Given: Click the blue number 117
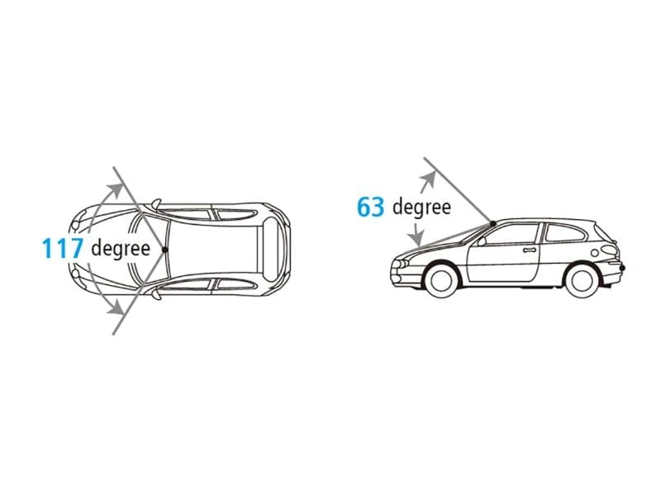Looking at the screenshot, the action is pyautogui.click(x=63, y=248).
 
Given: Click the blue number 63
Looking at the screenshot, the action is pyautogui.click(x=370, y=207).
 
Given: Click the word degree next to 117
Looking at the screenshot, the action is pyautogui.click(x=121, y=249).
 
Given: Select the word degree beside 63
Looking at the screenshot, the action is pyautogui.click(x=421, y=207).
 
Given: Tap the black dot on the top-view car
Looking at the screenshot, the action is pyautogui.click(x=164, y=250).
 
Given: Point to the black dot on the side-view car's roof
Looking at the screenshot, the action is pyautogui.click(x=492, y=222).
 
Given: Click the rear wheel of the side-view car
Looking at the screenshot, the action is pyautogui.click(x=582, y=279).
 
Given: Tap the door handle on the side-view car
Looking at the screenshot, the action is pyautogui.click(x=530, y=250).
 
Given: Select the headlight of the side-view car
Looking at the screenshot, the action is pyautogui.click(x=401, y=263).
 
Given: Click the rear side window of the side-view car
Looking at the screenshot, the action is pyautogui.click(x=565, y=233).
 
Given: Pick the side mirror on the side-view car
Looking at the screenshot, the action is pyautogui.click(x=482, y=241).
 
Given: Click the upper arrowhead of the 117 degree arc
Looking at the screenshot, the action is pyautogui.click(x=114, y=190).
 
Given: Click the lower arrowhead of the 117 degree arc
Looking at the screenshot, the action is pyautogui.click(x=115, y=308).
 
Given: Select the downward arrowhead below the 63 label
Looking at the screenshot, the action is pyautogui.click(x=417, y=240).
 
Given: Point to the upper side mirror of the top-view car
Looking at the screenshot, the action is pyautogui.click(x=156, y=204).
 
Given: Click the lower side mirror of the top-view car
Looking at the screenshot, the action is pyautogui.click(x=156, y=293).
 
